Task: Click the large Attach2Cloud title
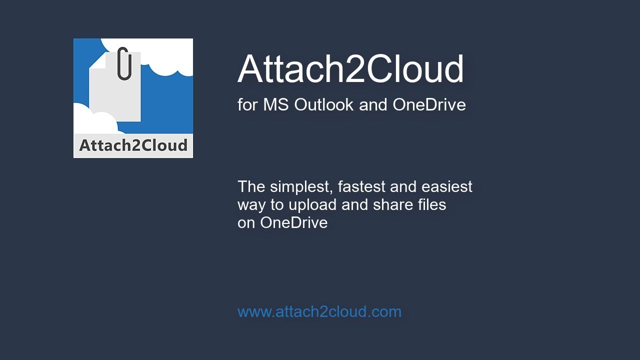coord(350,69)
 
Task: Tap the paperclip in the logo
coord(124,63)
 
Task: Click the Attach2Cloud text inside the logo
coord(133,145)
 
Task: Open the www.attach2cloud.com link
coord(319,311)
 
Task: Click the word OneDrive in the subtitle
coord(429,104)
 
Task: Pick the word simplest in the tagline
coord(301,186)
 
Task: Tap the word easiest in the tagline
coord(446,186)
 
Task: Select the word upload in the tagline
coord(313,204)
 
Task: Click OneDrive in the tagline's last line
coord(293,222)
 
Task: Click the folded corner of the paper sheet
coord(98,60)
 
